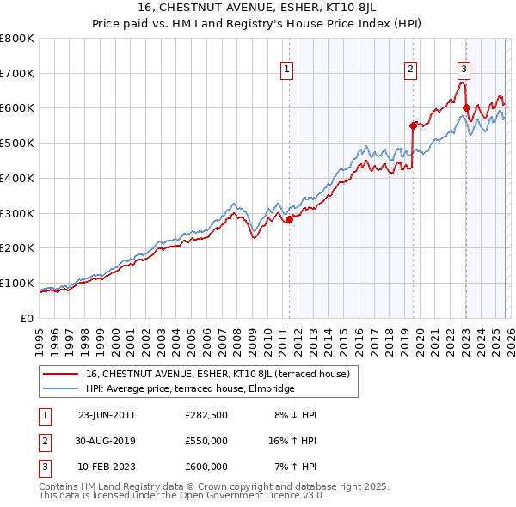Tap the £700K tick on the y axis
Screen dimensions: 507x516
pos(17,73)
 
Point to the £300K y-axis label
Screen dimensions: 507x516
pos(17,213)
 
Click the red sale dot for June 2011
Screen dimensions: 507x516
pos(289,219)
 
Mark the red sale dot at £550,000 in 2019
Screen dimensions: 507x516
pos(413,125)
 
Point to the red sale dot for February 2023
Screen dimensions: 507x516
pos(466,108)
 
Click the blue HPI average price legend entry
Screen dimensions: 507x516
pos(190,389)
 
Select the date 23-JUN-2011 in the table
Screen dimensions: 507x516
pos(107,415)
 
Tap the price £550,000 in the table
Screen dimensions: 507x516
pos(206,441)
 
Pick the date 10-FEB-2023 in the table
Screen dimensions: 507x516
pos(107,467)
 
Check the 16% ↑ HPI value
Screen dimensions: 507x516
pos(292,441)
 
